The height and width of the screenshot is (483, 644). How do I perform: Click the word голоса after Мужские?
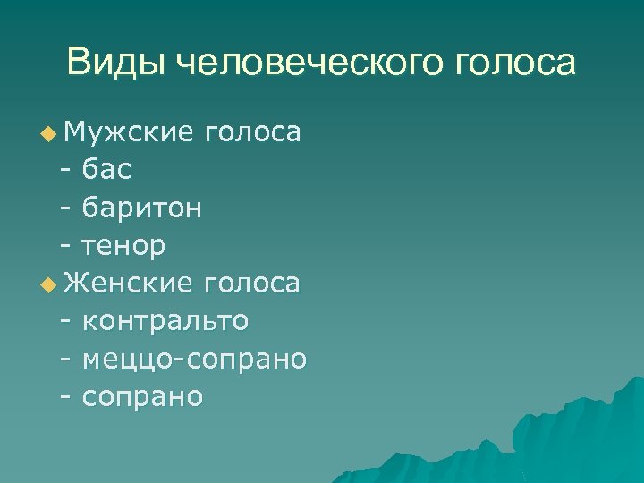[x=252, y=133]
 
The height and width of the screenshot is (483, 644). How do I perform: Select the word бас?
[x=106, y=171]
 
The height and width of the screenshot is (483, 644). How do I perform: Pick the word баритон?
[x=141, y=208]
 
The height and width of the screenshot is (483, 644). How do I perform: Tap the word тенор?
[x=123, y=246]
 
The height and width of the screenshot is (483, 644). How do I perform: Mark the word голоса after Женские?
[x=252, y=284]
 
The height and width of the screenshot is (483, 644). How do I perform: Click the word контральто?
[x=165, y=321]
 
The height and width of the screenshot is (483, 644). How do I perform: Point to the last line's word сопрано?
[x=142, y=397]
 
